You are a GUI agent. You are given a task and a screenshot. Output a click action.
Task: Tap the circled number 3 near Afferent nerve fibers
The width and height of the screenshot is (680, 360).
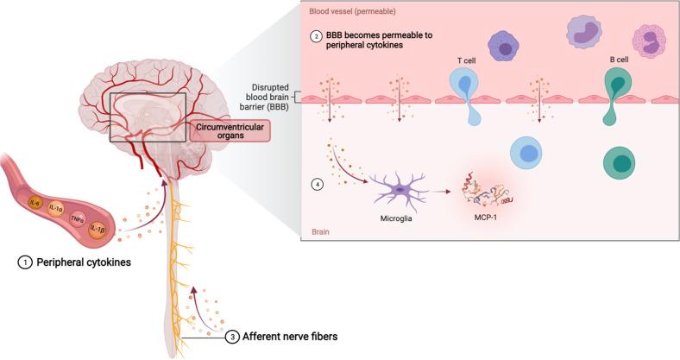(233, 338)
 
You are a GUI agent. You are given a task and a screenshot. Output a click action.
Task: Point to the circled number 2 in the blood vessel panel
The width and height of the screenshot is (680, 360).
(318, 37)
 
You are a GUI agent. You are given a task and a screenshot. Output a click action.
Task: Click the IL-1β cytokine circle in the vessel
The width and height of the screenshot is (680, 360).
(97, 231)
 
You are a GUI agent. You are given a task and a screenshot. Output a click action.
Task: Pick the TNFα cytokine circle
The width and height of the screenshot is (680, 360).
(76, 220)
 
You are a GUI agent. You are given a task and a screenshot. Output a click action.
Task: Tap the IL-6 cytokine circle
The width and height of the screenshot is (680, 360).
(35, 203)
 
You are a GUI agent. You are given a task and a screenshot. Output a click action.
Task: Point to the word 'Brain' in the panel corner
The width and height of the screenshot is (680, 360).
(319, 232)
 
